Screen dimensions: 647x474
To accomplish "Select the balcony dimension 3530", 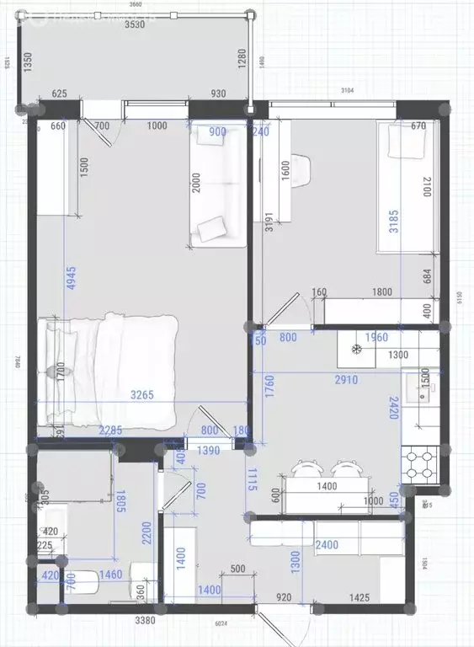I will (136, 25).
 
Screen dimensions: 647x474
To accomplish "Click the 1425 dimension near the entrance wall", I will (361, 597).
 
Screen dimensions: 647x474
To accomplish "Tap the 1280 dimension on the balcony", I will (242, 62).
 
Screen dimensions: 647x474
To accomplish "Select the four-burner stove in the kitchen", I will (421, 461).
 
